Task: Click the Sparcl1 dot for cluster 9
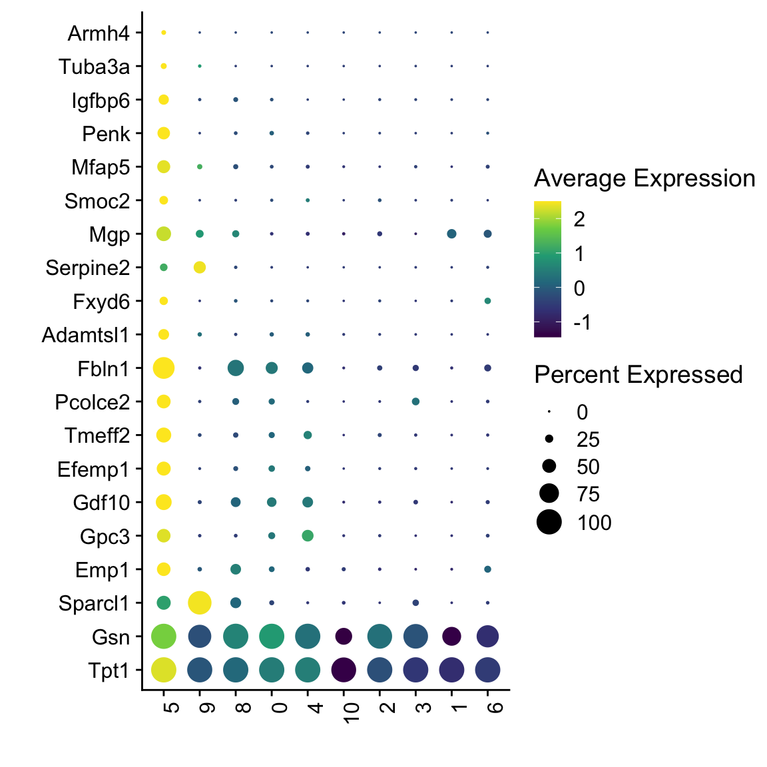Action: [x=200, y=603]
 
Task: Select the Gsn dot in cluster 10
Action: [x=344, y=637]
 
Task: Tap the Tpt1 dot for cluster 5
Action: [x=164, y=670]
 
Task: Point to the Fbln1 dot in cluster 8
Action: [x=236, y=368]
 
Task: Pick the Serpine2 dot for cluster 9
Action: [x=200, y=267]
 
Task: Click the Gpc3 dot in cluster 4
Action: [x=308, y=535]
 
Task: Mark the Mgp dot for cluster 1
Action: [x=451, y=234]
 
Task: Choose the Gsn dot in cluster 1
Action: [x=451, y=637]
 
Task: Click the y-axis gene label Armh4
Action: [x=99, y=33]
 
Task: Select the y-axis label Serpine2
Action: [x=87, y=268]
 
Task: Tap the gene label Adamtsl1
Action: [x=85, y=334]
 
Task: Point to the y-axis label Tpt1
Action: [x=109, y=670]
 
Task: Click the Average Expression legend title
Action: [x=644, y=178]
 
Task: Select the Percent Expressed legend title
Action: [x=638, y=375]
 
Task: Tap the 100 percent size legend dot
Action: [x=549, y=522]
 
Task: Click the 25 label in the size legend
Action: [x=589, y=439]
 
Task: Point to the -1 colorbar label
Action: [x=582, y=323]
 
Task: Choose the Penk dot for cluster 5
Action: [x=164, y=133]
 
